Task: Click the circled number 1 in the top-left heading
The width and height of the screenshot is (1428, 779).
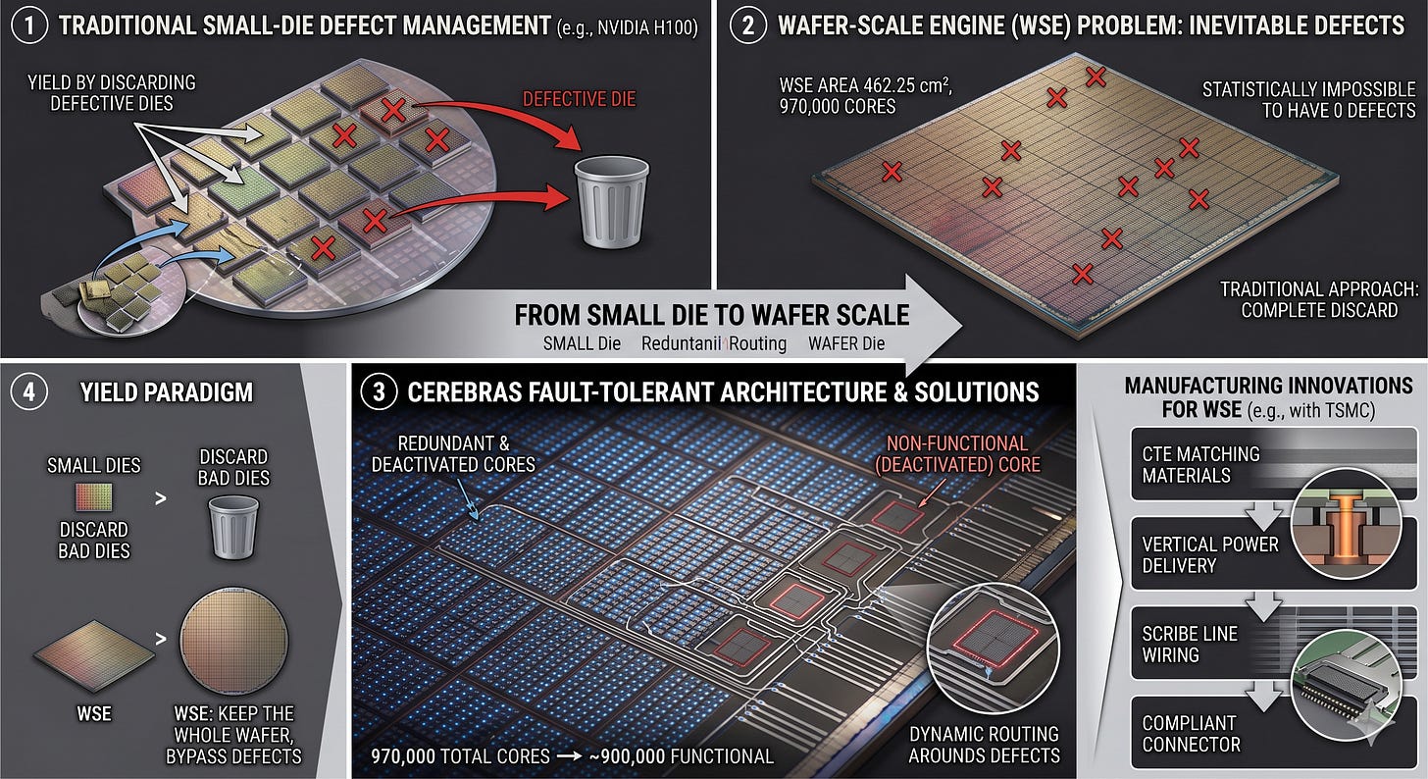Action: [x=30, y=26]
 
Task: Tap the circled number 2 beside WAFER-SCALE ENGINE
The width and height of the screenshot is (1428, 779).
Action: [x=747, y=26]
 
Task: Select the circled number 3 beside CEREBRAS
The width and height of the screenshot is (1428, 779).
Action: [x=379, y=391]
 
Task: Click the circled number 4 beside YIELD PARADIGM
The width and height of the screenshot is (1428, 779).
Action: [x=29, y=391]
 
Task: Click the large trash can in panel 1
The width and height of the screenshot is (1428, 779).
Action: [x=611, y=202]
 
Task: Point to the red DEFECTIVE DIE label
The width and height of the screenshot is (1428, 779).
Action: [x=579, y=99]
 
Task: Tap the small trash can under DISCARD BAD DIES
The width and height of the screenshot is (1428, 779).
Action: [x=233, y=527]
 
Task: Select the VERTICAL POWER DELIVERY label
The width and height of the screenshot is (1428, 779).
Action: [x=1210, y=554]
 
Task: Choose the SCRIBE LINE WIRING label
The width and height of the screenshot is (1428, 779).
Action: [x=1190, y=644]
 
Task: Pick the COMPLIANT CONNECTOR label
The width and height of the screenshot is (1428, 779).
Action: [x=1191, y=733]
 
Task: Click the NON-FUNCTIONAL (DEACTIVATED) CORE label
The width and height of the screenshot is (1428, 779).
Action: [x=957, y=453]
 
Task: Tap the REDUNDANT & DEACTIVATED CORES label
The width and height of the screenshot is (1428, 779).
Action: [x=453, y=453]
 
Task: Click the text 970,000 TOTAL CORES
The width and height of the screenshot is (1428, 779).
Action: [x=460, y=756]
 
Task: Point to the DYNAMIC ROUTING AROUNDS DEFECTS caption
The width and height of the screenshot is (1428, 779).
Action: [x=984, y=745]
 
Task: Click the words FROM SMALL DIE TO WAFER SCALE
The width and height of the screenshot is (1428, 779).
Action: [x=711, y=315]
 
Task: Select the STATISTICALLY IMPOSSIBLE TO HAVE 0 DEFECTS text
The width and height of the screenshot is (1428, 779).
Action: [x=1308, y=99]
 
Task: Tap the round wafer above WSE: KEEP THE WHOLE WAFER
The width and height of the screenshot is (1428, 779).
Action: [x=234, y=641]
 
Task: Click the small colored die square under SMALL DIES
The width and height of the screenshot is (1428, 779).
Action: [x=94, y=497]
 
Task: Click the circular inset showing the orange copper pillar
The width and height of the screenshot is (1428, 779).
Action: [x=1346, y=524]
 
